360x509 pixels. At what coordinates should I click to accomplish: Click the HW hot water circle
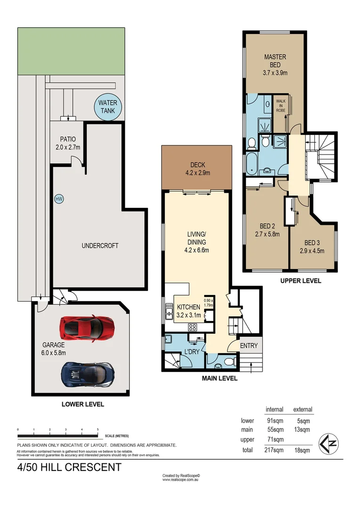[59, 199]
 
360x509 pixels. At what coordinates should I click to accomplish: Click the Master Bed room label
[275, 65]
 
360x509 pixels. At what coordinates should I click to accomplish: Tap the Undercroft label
[99, 246]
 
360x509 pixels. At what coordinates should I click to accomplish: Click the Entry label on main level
[249, 345]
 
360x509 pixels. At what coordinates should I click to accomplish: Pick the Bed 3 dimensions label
[312, 250]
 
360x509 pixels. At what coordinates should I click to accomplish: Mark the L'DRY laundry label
[192, 352]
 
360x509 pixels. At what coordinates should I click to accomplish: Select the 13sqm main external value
[302, 429]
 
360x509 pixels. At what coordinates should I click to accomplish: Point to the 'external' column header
[303, 409]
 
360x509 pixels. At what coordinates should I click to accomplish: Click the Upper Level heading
[300, 280]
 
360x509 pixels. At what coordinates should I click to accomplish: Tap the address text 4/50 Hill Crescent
[69, 468]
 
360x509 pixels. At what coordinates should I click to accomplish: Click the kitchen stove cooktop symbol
[192, 327]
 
